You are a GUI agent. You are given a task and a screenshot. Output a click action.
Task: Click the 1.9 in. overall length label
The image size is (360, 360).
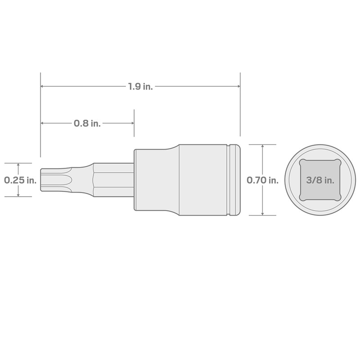pos(140,86)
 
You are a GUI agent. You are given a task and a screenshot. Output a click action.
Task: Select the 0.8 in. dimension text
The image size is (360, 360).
pos(87,123)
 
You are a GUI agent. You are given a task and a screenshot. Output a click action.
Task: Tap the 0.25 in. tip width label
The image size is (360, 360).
pos(20,180)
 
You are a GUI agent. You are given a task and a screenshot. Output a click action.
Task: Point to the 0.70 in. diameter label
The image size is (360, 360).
pos(263,180)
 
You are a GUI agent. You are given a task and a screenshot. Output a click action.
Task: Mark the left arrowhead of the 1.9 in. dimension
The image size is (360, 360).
pos(43,86)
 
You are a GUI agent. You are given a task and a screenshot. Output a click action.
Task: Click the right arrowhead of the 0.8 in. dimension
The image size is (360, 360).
pos(131,123)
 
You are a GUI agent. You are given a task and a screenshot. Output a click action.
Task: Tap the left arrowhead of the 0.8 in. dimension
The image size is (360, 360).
pos(43,123)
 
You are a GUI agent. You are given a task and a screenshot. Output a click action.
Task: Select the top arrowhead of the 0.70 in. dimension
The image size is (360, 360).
pos(262,147)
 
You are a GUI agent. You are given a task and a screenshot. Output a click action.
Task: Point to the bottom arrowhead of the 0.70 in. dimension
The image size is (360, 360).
pos(262,213)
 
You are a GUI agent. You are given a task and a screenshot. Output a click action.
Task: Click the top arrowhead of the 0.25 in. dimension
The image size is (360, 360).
pos(18,165)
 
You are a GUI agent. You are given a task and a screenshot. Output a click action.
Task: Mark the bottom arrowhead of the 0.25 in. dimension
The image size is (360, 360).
pos(18,194)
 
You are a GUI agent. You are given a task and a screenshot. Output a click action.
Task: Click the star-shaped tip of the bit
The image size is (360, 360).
pos(56,180)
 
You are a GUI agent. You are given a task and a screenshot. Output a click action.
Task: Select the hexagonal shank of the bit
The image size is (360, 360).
pos(112,180)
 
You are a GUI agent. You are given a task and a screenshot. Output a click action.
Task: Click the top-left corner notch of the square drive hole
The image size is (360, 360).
pos(301,162)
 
